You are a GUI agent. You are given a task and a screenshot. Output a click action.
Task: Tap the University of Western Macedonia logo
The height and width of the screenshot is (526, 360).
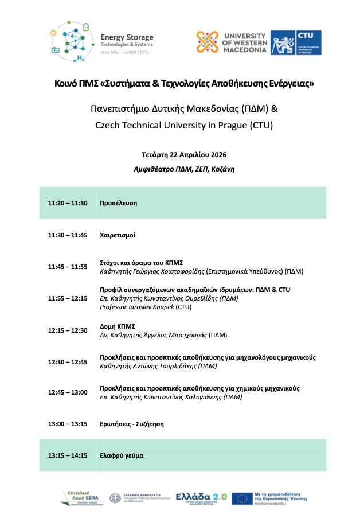click(232, 42)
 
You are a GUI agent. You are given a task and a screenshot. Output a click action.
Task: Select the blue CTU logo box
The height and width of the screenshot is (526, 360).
click(296, 42)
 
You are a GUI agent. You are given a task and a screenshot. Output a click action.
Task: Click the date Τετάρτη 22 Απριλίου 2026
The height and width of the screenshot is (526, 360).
click(180, 155)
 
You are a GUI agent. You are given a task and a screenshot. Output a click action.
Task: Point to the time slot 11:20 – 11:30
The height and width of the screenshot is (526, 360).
click(68, 203)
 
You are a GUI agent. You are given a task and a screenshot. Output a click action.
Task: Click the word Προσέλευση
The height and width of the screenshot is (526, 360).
click(119, 203)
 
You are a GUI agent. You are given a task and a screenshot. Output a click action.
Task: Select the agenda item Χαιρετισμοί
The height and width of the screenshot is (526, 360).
click(117, 235)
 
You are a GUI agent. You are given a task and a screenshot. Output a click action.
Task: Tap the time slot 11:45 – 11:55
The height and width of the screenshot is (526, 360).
click(68, 267)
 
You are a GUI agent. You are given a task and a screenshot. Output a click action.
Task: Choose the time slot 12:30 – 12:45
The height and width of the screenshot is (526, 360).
click(68, 361)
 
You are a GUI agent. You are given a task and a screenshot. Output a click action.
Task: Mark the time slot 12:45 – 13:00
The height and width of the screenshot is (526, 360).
click(68, 392)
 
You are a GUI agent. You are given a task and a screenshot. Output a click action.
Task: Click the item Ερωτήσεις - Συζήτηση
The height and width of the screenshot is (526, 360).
click(132, 424)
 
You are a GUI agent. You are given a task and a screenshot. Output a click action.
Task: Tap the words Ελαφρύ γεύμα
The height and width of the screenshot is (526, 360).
click(122, 455)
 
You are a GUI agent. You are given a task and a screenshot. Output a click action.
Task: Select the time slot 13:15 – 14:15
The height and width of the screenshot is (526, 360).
click(68, 455)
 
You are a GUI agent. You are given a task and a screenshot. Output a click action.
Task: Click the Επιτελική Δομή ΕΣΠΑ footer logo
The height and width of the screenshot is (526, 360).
click(80, 497)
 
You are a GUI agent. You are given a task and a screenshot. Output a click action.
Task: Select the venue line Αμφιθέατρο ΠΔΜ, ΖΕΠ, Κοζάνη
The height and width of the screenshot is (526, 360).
click(180, 169)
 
